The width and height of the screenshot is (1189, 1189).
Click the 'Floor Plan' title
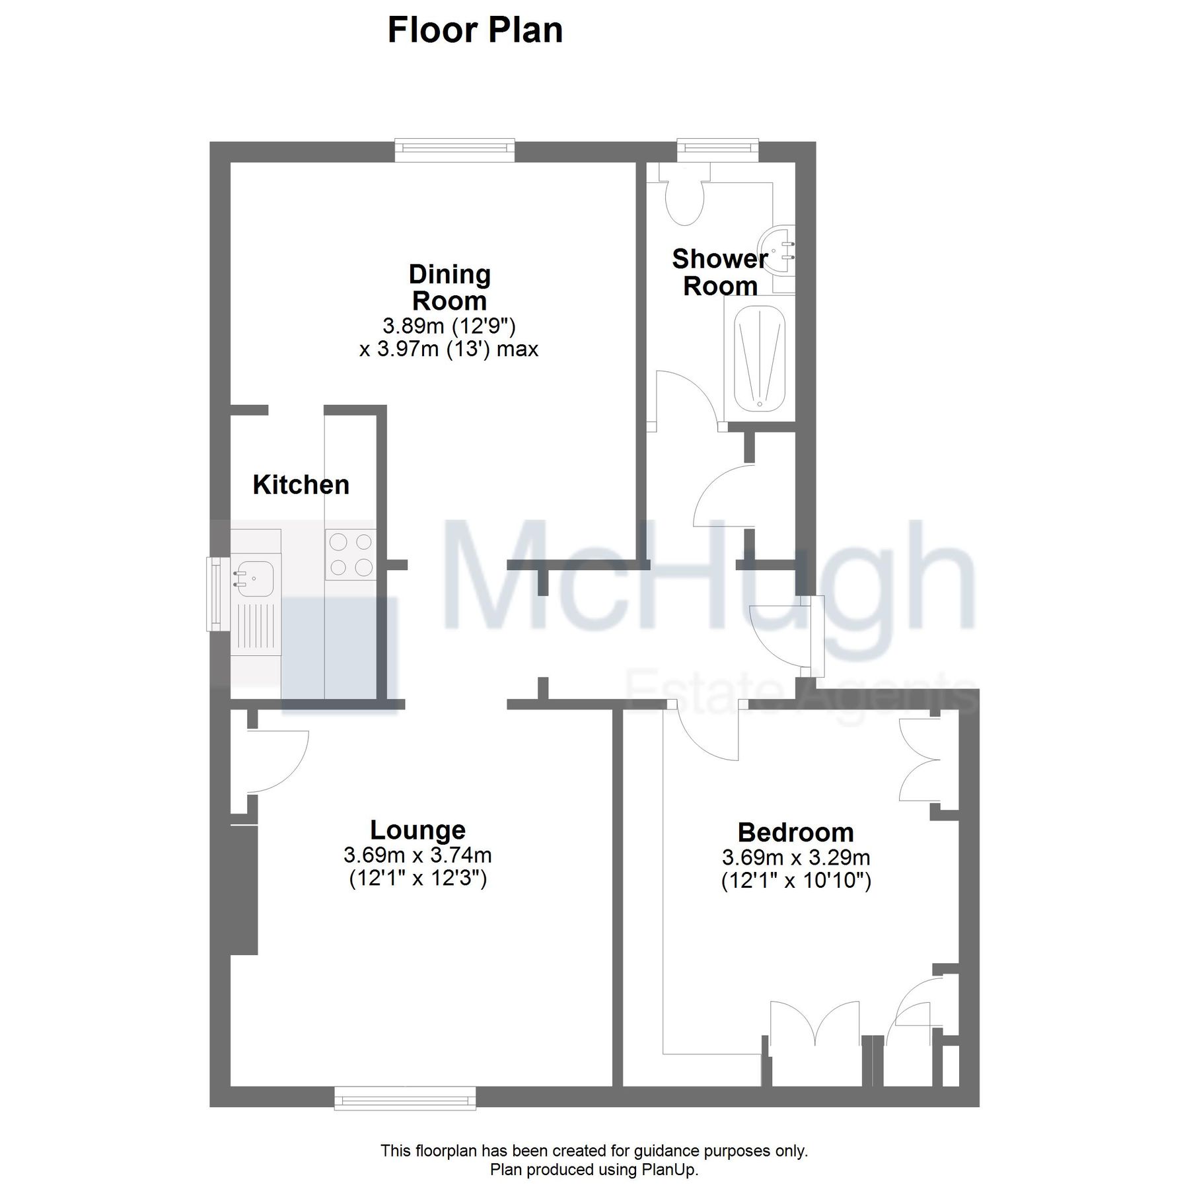pyautogui.click(x=475, y=30)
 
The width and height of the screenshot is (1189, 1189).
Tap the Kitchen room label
pyautogui.click(x=301, y=485)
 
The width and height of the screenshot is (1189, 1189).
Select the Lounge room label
pyautogui.click(x=417, y=830)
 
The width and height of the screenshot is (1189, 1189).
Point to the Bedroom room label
pyautogui.click(x=795, y=832)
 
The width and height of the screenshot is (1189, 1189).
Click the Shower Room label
pyautogui.click(x=719, y=272)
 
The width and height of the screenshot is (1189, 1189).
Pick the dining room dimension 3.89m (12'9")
pyautogui.click(x=449, y=326)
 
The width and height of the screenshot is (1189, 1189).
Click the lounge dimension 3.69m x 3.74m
pyautogui.click(x=417, y=855)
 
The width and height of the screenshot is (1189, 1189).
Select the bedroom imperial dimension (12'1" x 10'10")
pyautogui.click(x=796, y=881)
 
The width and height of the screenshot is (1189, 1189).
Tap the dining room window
pyautogui.click(x=454, y=150)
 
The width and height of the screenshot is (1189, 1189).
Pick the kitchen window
pyautogui.click(x=215, y=594)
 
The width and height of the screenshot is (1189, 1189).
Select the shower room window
pyautogui.click(x=718, y=150)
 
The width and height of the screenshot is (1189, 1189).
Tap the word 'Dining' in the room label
pyautogui.click(x=449, y=275)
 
